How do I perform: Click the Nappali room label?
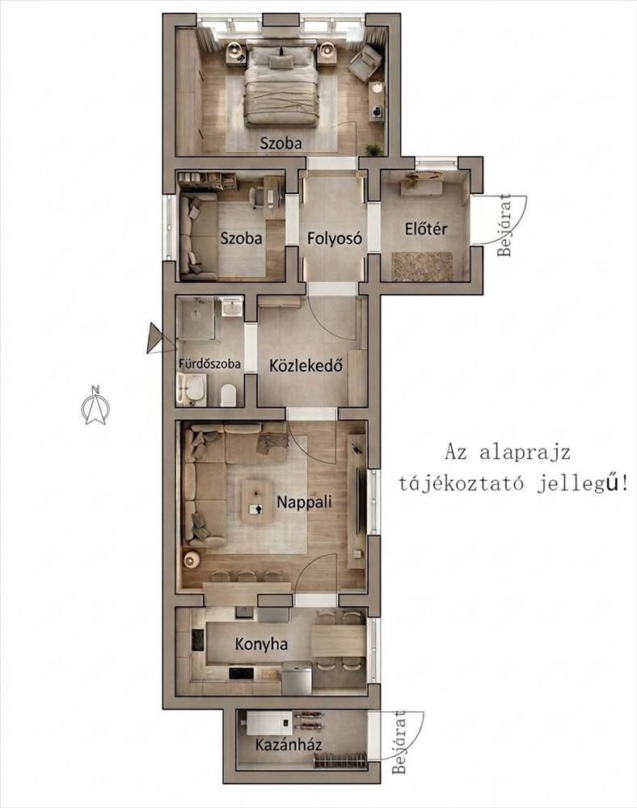(304, 503)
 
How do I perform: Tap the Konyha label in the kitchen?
(261, 644)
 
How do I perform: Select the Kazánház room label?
(289, 745)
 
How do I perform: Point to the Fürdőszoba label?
(209, 364)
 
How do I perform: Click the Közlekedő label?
(306, 365)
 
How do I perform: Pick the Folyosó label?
(335, 238)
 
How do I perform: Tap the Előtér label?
(426, 229)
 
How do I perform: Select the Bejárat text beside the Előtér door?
(505, 225)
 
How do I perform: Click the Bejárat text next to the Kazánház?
(399, 742)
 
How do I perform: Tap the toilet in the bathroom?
(228, 395)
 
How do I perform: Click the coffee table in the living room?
(257, 502)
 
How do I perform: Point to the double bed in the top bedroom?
(281, 85)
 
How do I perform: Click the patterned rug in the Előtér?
(422, 266)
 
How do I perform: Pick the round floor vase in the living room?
(192, 560)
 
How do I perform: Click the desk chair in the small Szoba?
(256, 196)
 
